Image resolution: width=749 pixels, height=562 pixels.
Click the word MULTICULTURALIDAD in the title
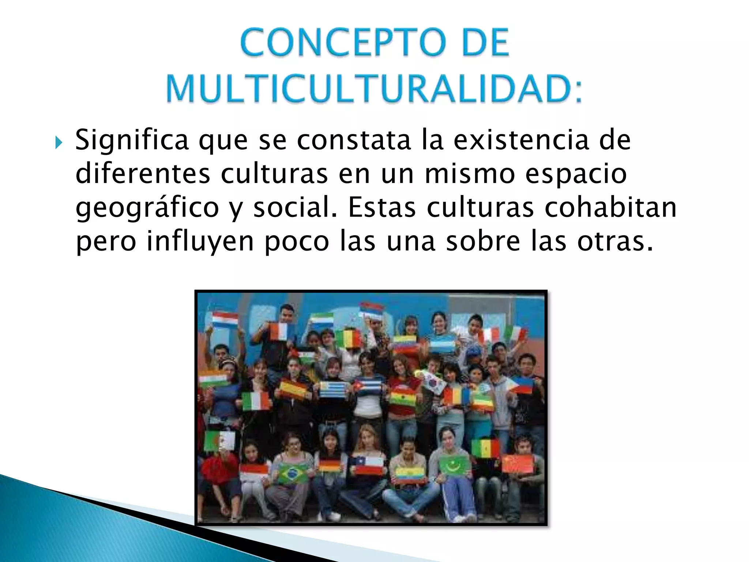(x=374, y=90)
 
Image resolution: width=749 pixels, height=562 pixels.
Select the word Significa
(x=132, y=140)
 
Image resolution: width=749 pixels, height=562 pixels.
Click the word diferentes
(x=143, y=174)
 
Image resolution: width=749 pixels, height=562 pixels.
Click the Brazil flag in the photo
(x=293, y=473)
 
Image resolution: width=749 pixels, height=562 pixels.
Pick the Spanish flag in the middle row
(x=293, y=390)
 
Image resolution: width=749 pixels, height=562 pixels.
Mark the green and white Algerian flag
(x=219, y=441)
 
